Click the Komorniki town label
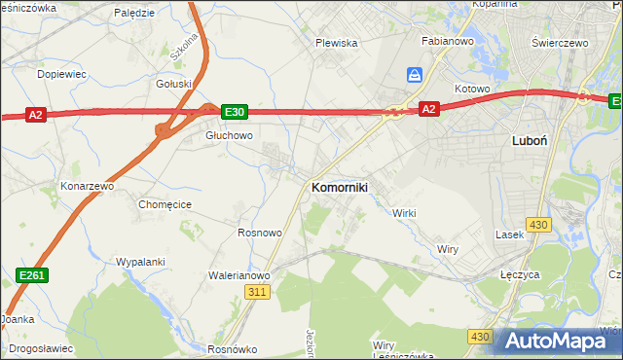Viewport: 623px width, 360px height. [339, 187]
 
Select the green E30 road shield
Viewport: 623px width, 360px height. [234, 112]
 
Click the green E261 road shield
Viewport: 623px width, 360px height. [31, 277]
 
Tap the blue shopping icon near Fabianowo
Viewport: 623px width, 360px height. [415, 75]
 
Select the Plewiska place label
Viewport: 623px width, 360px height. [337, 44]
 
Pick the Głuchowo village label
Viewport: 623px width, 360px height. [229, 136]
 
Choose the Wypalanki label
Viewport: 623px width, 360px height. [140, 263]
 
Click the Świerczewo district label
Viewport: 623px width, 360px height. [563, 44]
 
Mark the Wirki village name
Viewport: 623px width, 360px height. [403, 213]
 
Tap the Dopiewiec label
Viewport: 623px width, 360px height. [61, 74]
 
